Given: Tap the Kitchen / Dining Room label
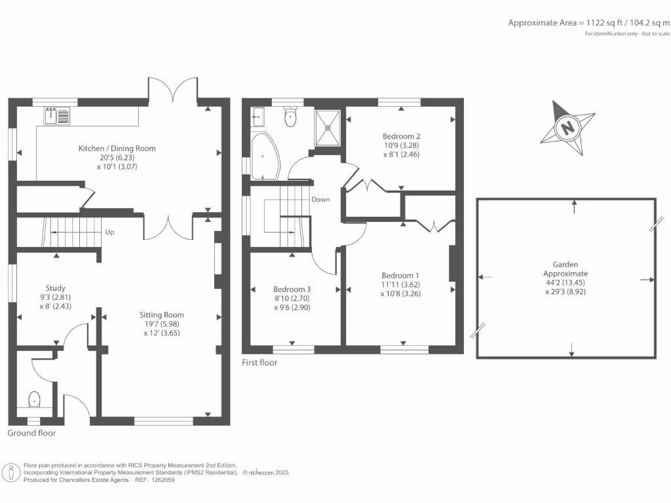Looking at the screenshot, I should click(x=117, y=149).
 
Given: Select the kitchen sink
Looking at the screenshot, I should click(x=57, y=117).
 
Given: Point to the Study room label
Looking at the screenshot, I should click(x=55, y=288).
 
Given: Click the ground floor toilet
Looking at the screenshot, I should click(x=33, y=398).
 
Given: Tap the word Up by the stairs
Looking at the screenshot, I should click(x=110, y=232).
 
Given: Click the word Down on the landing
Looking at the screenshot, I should click(x=320, y=200).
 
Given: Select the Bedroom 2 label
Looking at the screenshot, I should click(x=401, y=136).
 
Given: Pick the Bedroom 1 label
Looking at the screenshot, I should click(x=400, y=276).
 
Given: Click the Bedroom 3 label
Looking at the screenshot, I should click(x=292, y=289).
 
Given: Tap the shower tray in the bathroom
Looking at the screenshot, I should click(x=328, y=128).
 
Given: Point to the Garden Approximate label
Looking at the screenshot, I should click(x=566, y=269).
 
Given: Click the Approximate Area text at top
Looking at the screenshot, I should click(x=589, y=23).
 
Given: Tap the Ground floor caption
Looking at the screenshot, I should click(x=31, y=433).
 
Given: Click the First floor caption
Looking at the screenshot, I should click(x=259, y=362).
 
